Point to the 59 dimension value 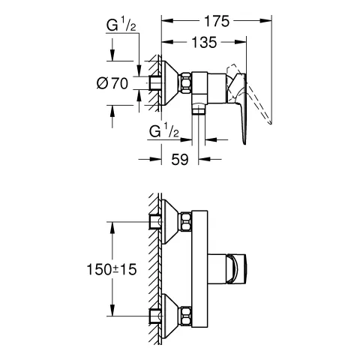180,159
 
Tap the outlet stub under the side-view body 198,109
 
